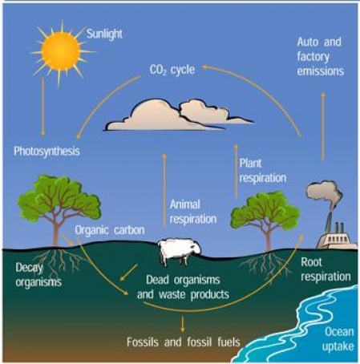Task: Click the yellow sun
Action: point(61,51)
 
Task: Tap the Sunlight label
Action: point(104,34)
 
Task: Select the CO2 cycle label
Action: point(172,71)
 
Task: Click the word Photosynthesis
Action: point(47,152)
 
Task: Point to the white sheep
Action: point(179,251)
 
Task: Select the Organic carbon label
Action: point(110,230)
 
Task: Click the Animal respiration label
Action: point(193,212)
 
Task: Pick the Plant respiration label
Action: point(262,171)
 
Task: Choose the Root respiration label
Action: point(326,269)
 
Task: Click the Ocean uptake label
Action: point(338,339)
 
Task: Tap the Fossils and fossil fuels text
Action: point(184,342)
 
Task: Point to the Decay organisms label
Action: point(38,275)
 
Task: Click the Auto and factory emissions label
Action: point(320,57)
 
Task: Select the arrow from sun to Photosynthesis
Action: point(43,107)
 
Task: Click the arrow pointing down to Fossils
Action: point(183,324)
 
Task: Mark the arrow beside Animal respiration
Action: point(164,190)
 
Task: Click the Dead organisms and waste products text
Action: point(183,287)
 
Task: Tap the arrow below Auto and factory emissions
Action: point(323,127)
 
